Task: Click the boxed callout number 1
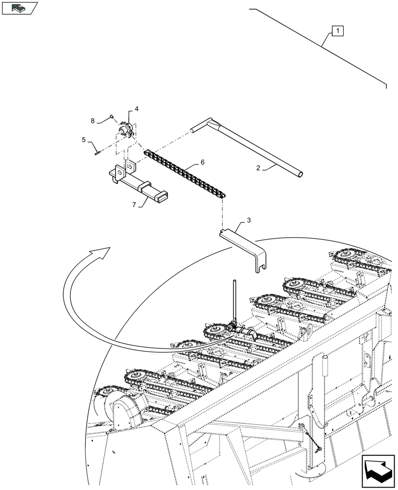click(x=338, y=32)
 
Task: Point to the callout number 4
click(x=136, y=109)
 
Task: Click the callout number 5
click(x=84, y=140)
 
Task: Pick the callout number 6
click(x=202, y=162)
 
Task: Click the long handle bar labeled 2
click(x=255, y=147)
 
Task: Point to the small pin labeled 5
click(x=97, y=151)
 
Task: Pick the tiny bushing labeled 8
click(x=112, y=116)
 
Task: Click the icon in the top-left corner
click(x=20, y=8)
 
